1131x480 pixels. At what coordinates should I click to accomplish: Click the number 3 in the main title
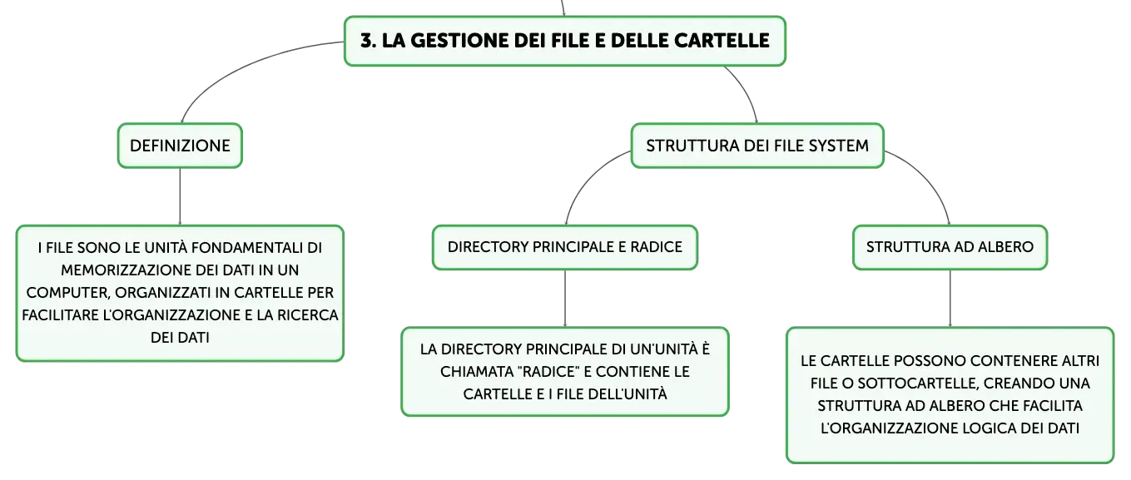coord(368,41)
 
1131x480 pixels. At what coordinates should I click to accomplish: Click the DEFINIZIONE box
coord(181,146)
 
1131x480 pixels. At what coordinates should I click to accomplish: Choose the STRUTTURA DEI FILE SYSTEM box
coord(757,146)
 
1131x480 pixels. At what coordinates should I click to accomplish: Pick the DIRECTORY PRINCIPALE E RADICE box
coord(565,247)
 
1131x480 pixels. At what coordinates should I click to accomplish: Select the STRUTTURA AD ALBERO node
coord(950,247)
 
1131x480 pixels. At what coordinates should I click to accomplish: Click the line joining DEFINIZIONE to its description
coord(181,196)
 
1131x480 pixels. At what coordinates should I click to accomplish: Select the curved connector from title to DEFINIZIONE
coord(237,66)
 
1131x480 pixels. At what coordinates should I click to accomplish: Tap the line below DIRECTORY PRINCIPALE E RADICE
coord(565,299)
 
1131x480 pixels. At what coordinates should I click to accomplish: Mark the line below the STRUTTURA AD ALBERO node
coord(950,299)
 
